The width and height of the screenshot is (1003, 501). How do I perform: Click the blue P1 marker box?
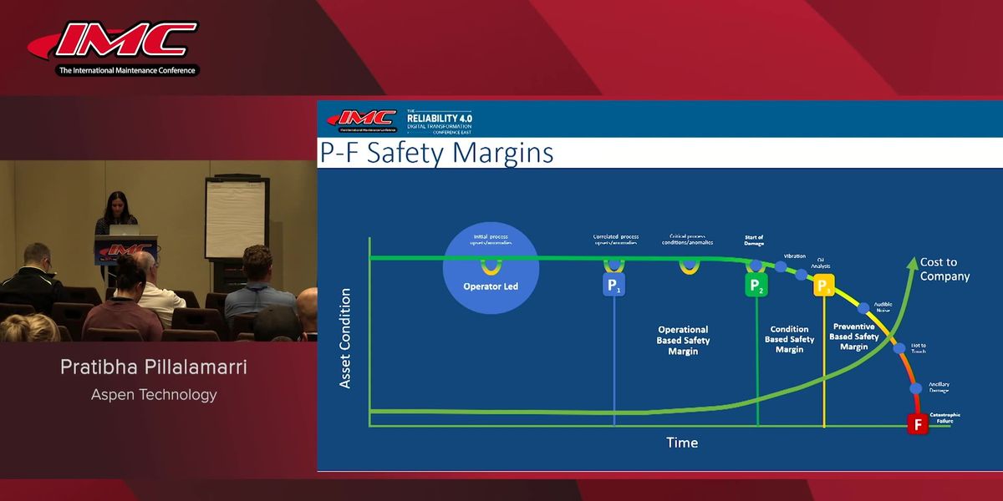[x=614, y=286]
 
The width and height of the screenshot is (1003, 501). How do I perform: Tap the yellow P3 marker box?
[x=824, y=286]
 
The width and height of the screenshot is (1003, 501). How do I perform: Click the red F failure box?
[x=918, y=423]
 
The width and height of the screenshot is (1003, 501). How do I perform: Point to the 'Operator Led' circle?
[x=491, y=268]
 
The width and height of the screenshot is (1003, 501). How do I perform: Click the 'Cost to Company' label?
[x=944, y=269]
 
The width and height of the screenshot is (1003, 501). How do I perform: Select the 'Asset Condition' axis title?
[x=345, y=338]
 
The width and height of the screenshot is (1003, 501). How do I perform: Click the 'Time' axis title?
[x=682, y=443]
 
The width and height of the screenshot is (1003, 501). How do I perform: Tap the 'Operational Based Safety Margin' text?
[x=683, y=341]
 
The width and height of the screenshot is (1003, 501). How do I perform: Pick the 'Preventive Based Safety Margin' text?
[x=853, y=337]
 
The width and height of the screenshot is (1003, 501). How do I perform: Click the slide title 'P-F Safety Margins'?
[x=437, y=154]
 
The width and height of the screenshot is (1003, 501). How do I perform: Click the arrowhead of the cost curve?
[x=910, y=262]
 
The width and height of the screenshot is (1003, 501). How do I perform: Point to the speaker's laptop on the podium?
[x=124, y=230]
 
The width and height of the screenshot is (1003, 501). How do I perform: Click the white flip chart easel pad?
[x=235, y=219]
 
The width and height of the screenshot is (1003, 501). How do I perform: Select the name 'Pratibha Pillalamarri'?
[x=154, y=367]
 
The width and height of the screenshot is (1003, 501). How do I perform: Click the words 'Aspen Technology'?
[x=154, y=394]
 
